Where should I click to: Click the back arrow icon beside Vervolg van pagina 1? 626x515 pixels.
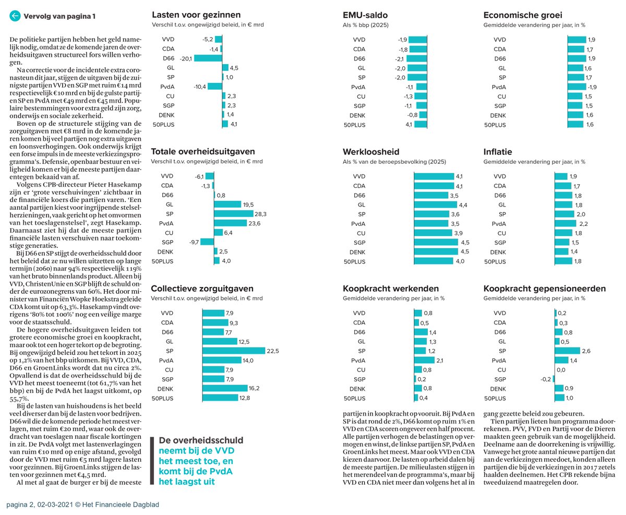click(x=15, y=16)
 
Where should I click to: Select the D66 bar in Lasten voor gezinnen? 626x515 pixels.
click(x=208, y=58)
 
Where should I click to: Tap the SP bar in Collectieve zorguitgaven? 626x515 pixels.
click(x=234, y=351)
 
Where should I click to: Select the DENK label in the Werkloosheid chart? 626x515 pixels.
click(x=357, y=252)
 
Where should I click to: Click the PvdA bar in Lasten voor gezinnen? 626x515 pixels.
click(x=215, y=87)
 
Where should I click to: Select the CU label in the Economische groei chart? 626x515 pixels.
click(x=500, y=97)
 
